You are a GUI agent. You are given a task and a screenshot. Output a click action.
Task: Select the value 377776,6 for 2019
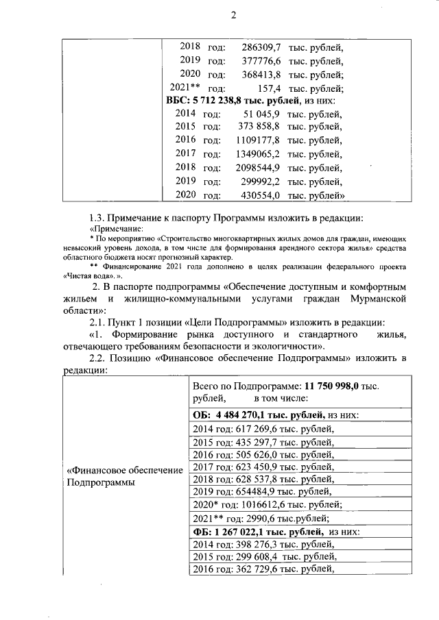[262, 61]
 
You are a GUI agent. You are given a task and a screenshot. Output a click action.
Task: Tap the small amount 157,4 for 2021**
[270, 88]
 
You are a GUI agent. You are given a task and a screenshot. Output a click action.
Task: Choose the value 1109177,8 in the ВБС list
[259, 140]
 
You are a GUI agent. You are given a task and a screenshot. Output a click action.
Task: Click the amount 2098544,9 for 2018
[259, 168]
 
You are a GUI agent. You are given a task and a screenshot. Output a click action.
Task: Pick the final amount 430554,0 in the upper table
[261, 195]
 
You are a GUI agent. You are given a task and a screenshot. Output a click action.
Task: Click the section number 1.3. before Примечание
[98, 219]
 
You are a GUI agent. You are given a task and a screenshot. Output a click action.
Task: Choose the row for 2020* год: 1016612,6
[267, 504]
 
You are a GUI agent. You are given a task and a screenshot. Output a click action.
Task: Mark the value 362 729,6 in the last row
[265, 569]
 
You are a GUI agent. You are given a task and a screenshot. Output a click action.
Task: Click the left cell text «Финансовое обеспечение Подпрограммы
[124, 477]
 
